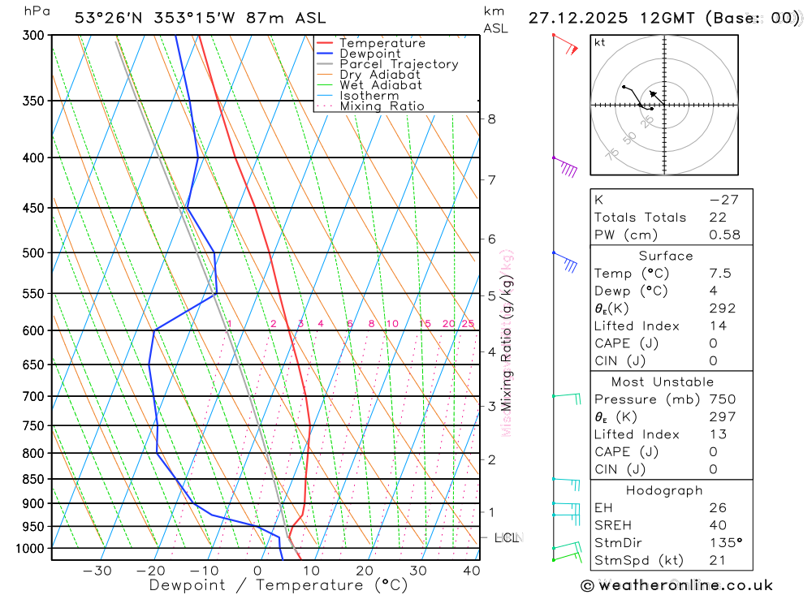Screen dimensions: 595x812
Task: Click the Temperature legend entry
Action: pos(382,43)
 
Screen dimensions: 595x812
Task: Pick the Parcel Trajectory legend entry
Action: pos(398,64)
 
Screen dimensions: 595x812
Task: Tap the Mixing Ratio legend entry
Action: pos(382,106)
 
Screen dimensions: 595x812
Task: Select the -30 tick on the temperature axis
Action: pos(97,571)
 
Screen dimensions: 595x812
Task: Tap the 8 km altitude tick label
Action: pos(491,119)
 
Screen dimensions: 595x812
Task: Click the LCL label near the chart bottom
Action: pos(507,537)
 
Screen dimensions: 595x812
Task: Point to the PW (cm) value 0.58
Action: pos(724,235)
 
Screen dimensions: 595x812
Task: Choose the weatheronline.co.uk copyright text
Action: pos(676,585)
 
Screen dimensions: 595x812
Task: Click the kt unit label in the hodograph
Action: pos(600,42)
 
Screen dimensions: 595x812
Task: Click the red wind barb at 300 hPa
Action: pos(566,45)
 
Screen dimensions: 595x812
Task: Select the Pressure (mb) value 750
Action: pos(722,399)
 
